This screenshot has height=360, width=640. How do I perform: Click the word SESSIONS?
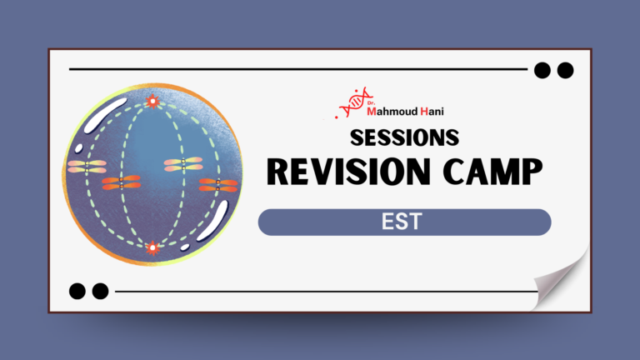coord(404,137)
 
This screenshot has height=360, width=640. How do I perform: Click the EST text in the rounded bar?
coord(404,222)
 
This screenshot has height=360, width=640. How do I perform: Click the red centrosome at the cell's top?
coord(152,102)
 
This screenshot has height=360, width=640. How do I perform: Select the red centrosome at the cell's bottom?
coord(152,247)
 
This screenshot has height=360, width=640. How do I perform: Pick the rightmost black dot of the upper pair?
coord(565,70)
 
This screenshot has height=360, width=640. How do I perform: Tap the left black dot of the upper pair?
coord(543,70)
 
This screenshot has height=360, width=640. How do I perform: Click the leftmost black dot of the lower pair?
coord(77,291)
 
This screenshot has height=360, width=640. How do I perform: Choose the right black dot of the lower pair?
coord(100,291)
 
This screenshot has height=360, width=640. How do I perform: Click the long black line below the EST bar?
coord(325,292)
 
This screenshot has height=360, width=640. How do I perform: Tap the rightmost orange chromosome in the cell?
coord(218,184)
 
